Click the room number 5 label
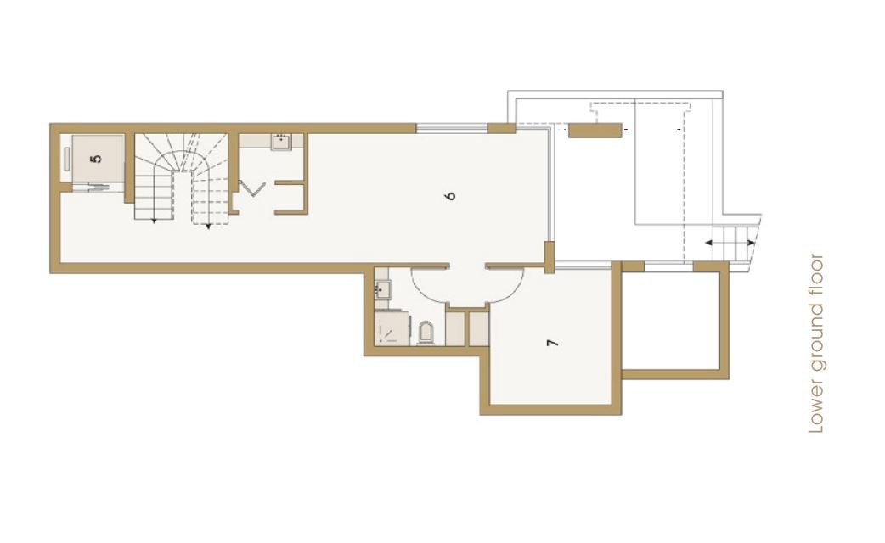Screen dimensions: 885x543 coord(97,159)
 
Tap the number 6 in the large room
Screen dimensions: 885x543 coord(450,196)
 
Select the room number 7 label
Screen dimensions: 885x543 coord(553,342)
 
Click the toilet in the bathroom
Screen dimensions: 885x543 coord(426,333)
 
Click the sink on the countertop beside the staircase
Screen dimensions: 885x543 coord(280,142)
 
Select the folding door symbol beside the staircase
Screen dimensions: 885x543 coord(251,188)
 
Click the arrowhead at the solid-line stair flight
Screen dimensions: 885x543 coord(154,221)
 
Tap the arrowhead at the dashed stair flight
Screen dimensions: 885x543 coord(208,227)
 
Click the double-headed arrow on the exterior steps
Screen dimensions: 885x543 coord(730,243)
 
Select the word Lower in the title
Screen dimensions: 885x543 coord(817,409)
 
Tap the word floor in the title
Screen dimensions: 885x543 coord(817,276)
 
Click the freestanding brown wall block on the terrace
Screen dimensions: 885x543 coord(595,131)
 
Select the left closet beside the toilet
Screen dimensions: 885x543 coord(455,328)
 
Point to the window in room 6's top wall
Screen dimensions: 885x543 coord(452,129)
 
